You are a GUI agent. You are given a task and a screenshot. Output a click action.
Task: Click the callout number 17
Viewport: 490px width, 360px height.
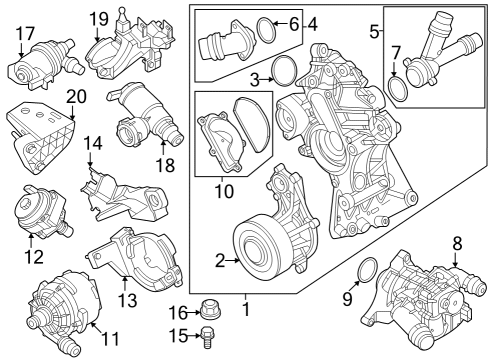[24, 35]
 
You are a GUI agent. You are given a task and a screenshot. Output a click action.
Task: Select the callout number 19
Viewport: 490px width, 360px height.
[98, 18]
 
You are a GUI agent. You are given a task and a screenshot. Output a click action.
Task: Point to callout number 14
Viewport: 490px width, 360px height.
[92, 146]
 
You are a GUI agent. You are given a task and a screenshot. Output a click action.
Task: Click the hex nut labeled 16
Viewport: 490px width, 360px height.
[208, 310]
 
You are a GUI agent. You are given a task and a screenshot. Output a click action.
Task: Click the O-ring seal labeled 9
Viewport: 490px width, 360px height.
[366, 271]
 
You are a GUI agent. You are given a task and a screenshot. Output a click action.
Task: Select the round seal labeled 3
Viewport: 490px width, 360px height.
[283, 71]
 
